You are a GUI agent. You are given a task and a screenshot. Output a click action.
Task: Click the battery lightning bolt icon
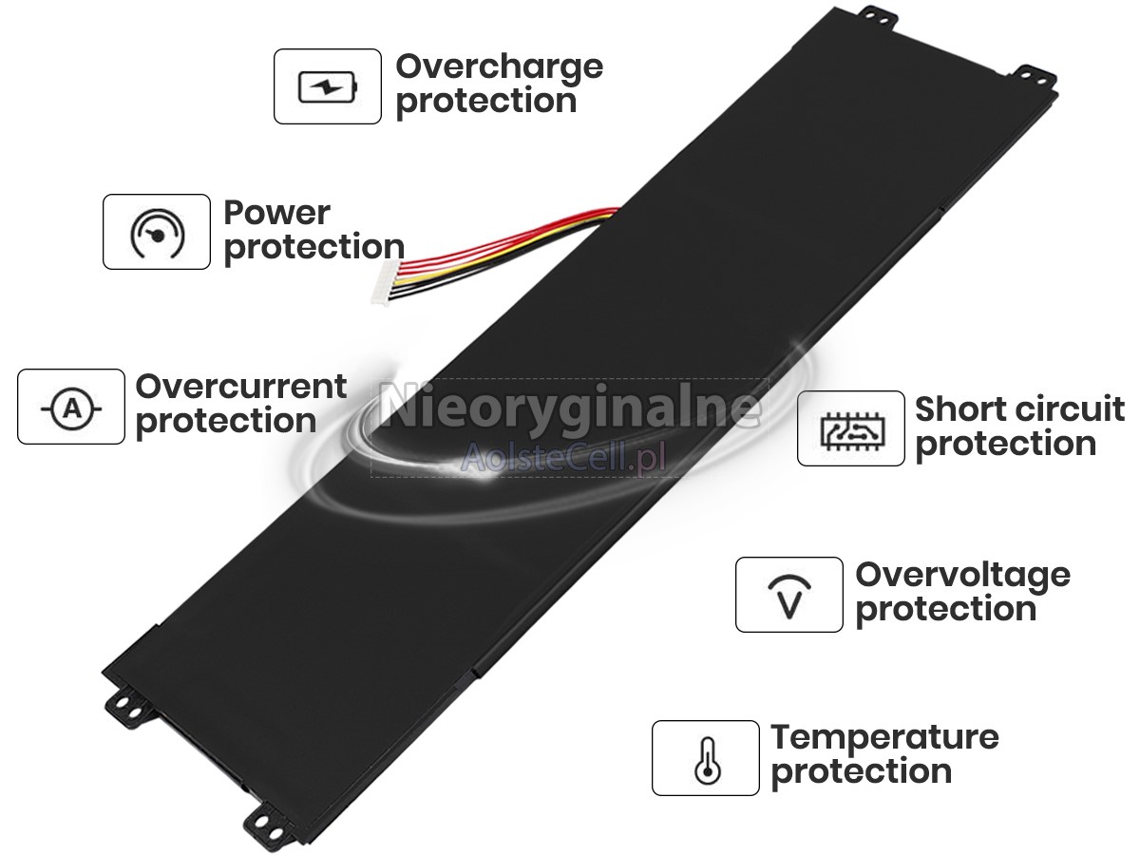pyautogui.click(x=328, y=87)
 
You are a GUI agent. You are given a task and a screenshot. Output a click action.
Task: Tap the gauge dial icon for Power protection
pyautogui.click(x=157, y=233)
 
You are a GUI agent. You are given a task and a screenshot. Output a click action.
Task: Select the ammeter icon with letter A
pyautogui.click(x=71, y=408)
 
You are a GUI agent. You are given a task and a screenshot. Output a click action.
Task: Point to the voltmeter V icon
pyautogui.click(x=789, y=597)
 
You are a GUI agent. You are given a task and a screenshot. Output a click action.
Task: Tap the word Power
pyautogui.click(x=276, y=214)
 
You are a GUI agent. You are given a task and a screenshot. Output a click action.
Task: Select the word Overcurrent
pyautogui.click(x=241, y=387)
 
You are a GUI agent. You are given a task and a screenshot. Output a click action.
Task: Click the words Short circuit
pyautogui.click(x=1019, y=409)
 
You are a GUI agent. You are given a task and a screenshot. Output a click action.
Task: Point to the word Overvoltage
pyautogui.click(x=962, y=576)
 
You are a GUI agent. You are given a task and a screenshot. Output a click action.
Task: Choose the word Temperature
pyautogui.click(x=884, y=738)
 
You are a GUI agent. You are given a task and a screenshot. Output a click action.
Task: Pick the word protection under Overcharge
pyautogui.click(x=486, y=103)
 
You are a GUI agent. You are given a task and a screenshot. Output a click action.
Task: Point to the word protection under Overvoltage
pyautogui.click(x=946, y=610)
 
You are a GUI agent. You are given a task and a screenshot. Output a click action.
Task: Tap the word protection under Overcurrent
pyautogui.click(x=226, y=422)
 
